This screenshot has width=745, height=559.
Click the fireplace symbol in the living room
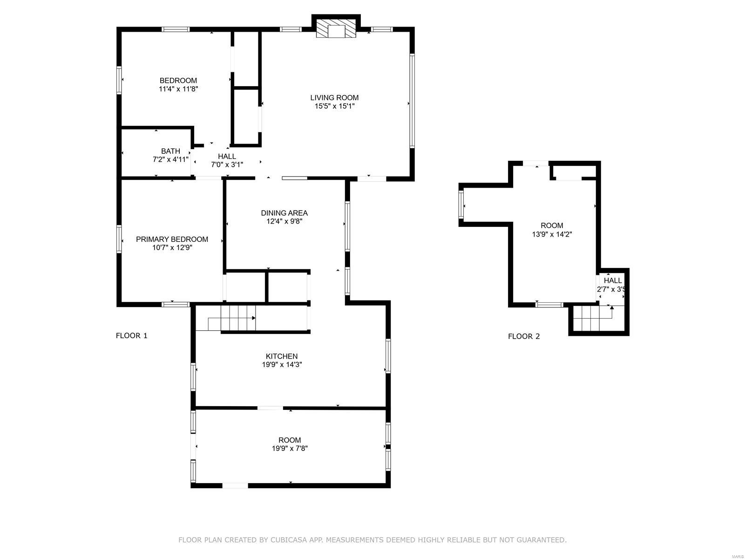pyautogui.click(x=335, y=29)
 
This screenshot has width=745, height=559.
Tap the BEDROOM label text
pyautogui.click(x=178, y=81)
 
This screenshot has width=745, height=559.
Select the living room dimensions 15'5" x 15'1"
pyautogui.click(x=334, y=106)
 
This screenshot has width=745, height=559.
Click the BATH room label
pyautogui.click(x=170, y=151)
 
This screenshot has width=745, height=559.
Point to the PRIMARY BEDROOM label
pyautogui.click(x=172, y=239)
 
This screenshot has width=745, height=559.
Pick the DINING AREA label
pyautogui.click(x=284, y=213)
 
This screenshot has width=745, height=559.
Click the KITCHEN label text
pyautogui.click(x=282, y=356)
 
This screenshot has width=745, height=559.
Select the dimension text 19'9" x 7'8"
pyautogui.click(x=290, y=449)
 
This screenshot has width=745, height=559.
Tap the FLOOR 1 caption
pyautogui.click(x=131, y=335)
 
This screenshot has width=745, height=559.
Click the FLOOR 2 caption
pyautogui.click(x=524, y=336)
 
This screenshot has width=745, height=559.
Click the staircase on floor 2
pyautogui.click(x=590, y=318)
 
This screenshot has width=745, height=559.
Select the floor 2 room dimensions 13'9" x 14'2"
pyautogui.click(x=552, y=234)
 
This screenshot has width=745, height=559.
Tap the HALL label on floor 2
pyautogui.click(x=612, y=280)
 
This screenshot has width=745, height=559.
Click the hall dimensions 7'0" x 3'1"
pyautogui.click(x=227, y=164)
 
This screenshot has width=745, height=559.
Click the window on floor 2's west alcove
pyautogui.click(x=461, y=205)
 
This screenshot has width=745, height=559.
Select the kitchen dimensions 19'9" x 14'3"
pyautogui.click(x=282, y=365)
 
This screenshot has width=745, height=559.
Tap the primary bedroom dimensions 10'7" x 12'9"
pyautogui.click(x=172, y=248)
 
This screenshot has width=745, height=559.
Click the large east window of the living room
pyautogui.click(x=412, y=101)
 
